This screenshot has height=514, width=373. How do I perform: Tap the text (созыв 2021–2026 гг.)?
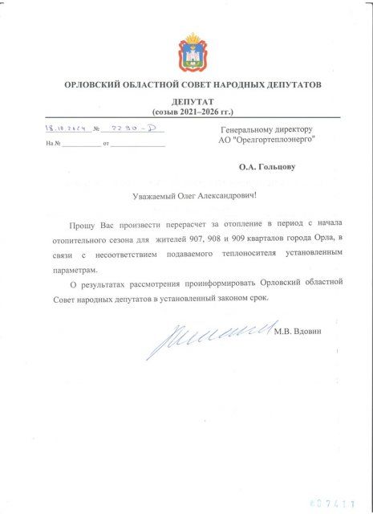(x=193, y=112)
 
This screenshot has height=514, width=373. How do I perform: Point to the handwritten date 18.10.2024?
(x=67, y=128)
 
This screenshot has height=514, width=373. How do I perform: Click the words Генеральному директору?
(x=266, y=129)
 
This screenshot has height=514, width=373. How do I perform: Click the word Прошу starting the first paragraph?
(x=83, y=224)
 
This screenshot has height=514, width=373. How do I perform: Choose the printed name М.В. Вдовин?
(x=297, y=331)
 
